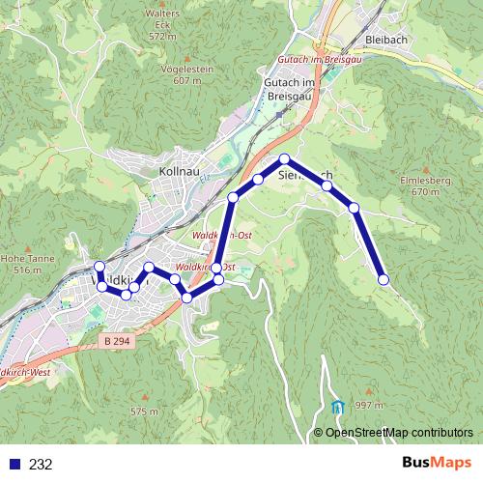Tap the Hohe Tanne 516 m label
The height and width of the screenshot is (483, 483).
point(22,264)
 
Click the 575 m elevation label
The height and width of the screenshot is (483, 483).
point(144,412)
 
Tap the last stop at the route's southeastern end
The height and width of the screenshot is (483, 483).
point(384,280)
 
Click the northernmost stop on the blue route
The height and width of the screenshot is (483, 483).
point(285,158)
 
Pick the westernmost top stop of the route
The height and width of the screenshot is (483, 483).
point(99,267)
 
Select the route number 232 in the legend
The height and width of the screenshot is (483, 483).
point(41,464)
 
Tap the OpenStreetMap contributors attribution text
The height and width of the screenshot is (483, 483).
point(399,432)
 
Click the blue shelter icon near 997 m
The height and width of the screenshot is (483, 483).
point(337,408)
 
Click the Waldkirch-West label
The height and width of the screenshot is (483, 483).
point(23,371)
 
